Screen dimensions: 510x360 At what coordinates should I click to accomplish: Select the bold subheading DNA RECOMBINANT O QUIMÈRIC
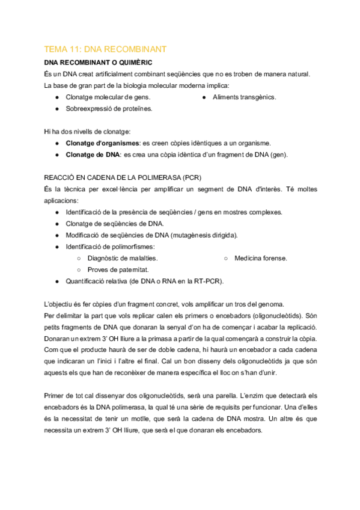point(98,62)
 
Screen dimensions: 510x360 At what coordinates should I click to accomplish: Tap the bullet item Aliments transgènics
point(244,97)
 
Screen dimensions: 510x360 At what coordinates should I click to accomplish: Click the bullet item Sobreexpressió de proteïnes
point(109,108)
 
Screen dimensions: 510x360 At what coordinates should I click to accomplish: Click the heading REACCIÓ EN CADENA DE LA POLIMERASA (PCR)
point(123,177)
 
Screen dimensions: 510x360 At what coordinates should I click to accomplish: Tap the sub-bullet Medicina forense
point(261,258)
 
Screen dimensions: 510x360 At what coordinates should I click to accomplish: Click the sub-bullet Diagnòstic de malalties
point(123,258)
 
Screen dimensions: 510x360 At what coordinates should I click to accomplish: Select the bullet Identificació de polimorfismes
point(109,247)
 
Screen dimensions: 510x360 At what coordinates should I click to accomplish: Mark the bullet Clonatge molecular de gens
point(108,97)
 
